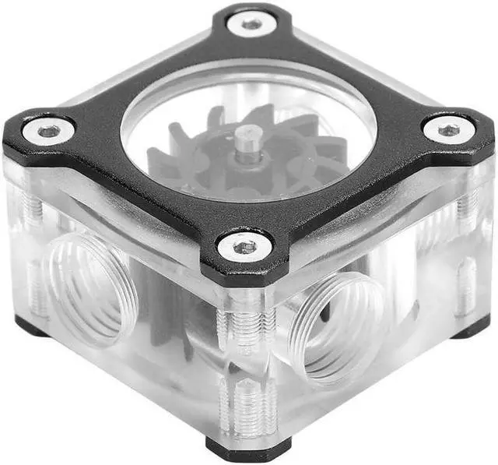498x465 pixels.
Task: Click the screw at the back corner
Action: coord(251,24)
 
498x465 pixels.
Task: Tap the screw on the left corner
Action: coord(48,131)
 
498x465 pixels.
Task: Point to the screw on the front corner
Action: coord(245,247)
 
